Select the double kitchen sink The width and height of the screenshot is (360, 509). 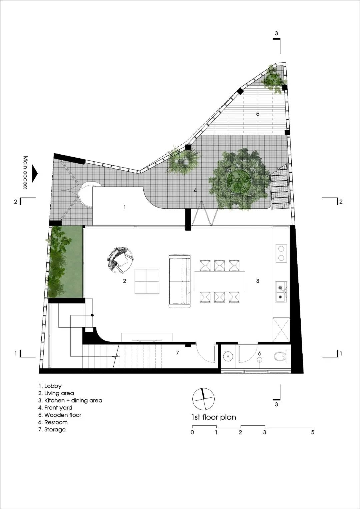pos(281,292)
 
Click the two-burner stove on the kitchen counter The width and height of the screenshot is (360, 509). pos(281,253)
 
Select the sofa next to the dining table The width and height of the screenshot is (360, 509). pos(180,281)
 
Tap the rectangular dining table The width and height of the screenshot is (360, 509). pos(220,281)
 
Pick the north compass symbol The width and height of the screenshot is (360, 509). pos(203,399)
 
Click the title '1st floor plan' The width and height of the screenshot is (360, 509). pos(214,417)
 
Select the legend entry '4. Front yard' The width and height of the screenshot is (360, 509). pos(55,408)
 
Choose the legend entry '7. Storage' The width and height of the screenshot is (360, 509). pos(52,429)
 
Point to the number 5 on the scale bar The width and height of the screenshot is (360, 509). pos(313,432)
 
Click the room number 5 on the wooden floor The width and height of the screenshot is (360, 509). pos(258,114)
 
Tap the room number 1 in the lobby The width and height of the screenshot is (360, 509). pos(125,207)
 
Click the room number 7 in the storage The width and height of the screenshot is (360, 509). pos(177,353)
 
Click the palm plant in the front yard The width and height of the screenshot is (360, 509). pos(183,161)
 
